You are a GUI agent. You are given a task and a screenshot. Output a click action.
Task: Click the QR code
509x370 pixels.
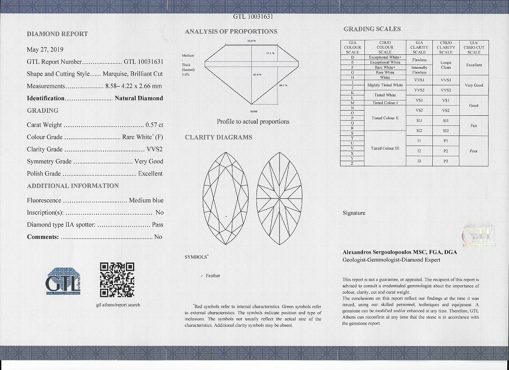coord(117,279)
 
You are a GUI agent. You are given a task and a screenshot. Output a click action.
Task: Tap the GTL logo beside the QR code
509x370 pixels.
coord(64,281)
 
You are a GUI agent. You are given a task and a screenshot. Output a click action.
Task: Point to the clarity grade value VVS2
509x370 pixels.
coord(155,149)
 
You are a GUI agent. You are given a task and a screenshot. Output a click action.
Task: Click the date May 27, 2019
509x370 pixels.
coord(45,50)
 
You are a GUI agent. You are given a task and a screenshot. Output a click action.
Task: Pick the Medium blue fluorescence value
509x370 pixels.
coord(146,201)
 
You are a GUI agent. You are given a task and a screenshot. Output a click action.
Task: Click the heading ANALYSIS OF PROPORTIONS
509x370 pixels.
coord(231,32)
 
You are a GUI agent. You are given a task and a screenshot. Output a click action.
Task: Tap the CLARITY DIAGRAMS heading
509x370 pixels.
coord(219,138)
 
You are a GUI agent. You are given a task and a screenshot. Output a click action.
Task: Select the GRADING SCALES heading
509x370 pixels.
coord(372,29)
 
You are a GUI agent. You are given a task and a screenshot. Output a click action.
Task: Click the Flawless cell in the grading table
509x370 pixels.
coord(419,60)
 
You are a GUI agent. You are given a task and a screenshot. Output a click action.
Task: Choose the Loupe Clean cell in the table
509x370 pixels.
coord(446,65)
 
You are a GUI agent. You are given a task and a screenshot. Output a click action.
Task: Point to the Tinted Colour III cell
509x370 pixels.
coord(385,148)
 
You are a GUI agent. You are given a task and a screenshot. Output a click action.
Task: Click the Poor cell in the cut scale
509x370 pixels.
coord(474,151)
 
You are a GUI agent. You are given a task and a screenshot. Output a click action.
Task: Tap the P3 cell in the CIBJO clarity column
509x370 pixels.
coord(446,161)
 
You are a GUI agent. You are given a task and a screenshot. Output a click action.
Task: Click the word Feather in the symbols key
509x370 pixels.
coord(213,276)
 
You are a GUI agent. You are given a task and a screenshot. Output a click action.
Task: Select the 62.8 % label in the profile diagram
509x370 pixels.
coord(257,75)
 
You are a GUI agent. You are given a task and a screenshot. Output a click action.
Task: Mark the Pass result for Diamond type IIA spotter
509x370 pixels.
coord(158,225)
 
